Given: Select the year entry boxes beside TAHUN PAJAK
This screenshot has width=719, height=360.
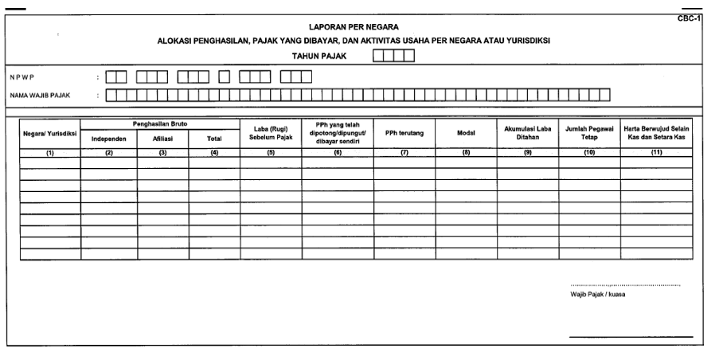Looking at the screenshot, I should [393, 56].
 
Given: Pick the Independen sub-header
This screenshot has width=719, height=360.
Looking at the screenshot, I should [108, 139].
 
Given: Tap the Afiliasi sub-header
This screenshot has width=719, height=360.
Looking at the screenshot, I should [162, 139].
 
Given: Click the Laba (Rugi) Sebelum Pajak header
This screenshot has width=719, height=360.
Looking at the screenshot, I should [271, 133].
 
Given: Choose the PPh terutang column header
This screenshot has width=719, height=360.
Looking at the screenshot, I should [404, 133].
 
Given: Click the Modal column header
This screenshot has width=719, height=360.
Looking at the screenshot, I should [466, 133].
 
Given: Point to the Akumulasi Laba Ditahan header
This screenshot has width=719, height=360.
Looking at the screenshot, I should [528, 133].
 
